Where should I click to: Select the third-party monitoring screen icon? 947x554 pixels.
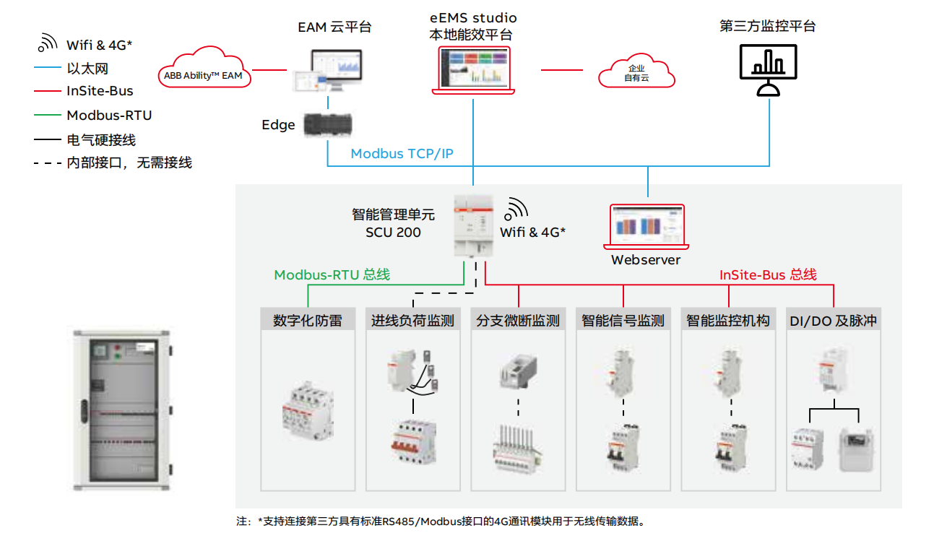[769, 69]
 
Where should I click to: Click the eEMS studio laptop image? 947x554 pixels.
[473, 71]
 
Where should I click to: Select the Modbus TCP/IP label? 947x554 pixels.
[402, 153]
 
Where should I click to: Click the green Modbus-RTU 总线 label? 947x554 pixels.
[332, 274]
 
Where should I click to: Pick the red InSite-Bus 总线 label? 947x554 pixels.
[768, 274]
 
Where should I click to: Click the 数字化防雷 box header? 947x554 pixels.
[308, 320]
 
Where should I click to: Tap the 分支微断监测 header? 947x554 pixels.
[518, 320]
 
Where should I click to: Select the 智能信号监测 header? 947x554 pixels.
[623, 320]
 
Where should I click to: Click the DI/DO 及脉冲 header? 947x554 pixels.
[834, 320]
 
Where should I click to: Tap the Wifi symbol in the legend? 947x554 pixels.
[48, 43]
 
